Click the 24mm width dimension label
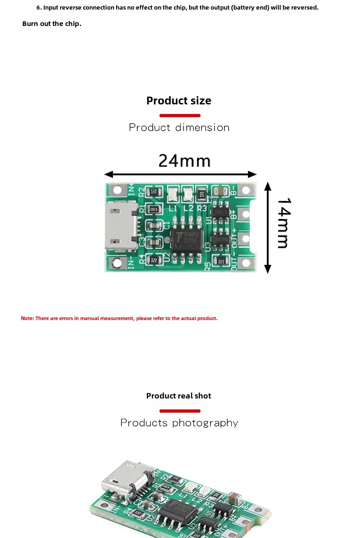pos(185,161)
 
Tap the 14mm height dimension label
pos(283,223)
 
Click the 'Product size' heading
pos(179,101)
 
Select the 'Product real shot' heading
pos(179,396)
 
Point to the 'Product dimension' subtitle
pos(179,128)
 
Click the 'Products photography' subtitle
pos(179,423)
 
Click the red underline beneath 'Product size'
pos(180,115)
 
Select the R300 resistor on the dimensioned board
pos(154,209)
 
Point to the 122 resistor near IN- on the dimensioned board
pos(154,260)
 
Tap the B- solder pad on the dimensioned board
pos(247,190)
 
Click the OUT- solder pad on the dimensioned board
pos(247,263)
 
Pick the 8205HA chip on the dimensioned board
pos(221,239)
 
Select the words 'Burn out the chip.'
pos(51,24)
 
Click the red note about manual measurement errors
pos(119,318)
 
